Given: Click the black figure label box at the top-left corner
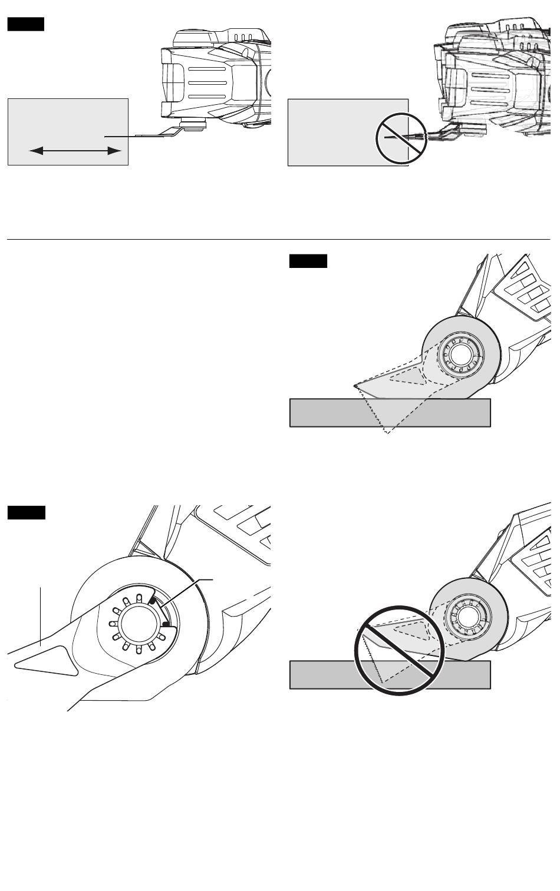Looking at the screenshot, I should pyautogui.click(x=25, y=25).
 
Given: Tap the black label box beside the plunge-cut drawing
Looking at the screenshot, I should pyautogui.click(x=308, y=261).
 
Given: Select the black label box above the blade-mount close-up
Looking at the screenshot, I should pyautogui.click(x=26, y=512).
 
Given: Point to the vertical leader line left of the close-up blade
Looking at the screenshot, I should pyautogui.click(x=40, y=615).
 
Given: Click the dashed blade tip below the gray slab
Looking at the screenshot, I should pyautogui.click(x=387, y=433).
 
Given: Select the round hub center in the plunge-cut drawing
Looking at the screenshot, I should pyautogui.click(x=462, y=355).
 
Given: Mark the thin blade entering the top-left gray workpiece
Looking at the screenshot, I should pyautogui.click(x=118, y=136).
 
